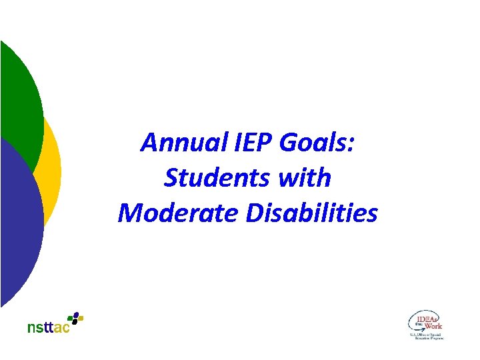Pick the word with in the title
pyautogui.click(x=306, y=178)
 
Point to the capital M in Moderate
pyautogui.click(x=129, y=213)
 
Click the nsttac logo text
pyautogui.click(x=49, y=327)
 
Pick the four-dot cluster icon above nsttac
pyautogui.click(x=77, y=318)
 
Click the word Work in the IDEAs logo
pyautogui.click(x=433, y=326)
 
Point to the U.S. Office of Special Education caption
pyautogui.click(x=426, y=336)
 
